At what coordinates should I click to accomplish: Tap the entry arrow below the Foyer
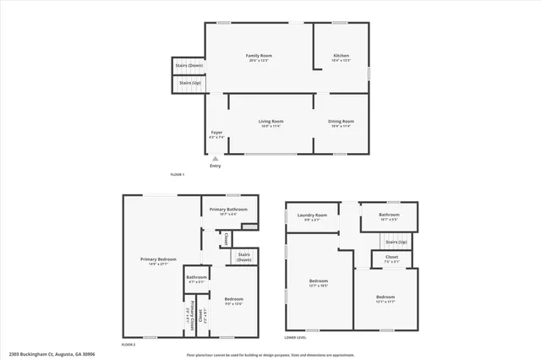215,158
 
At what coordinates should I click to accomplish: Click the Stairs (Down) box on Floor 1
189,65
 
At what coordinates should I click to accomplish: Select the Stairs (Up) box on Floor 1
189,83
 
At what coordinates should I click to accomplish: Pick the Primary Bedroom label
158,260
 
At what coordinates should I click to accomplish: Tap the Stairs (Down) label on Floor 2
245,257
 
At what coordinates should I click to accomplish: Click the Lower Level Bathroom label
389,217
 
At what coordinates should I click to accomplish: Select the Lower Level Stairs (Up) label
396,243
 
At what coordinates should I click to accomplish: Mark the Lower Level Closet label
391,258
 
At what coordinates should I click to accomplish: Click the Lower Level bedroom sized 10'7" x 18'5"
318,283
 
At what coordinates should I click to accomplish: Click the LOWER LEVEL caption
295,337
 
